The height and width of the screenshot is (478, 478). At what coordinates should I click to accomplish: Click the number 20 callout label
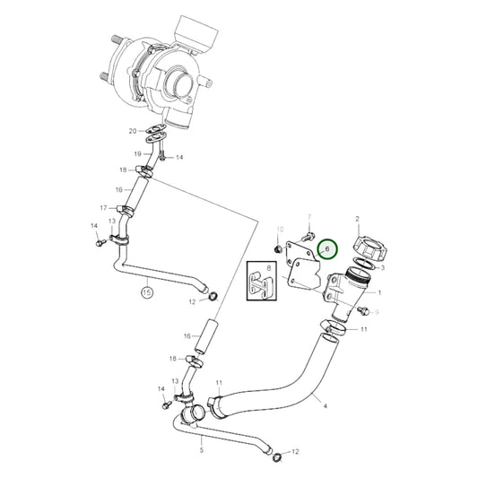tap(133, 132)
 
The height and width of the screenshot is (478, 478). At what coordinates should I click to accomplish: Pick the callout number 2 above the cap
tap(357, 218)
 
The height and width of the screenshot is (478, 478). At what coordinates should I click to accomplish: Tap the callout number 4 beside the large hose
tap(326, 406)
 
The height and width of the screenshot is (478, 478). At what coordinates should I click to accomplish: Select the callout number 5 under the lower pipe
tap(200, 439)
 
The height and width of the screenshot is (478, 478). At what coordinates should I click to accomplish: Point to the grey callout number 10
tap(280, 230)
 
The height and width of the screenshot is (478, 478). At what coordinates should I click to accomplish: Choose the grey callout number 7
tap(309, 218)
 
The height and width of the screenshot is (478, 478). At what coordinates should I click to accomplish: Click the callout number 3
tap(382, 267)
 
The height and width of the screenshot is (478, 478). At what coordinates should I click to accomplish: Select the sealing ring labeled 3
tap(363, 264)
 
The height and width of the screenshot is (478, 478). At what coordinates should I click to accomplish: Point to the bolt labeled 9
tap(363, 310)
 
